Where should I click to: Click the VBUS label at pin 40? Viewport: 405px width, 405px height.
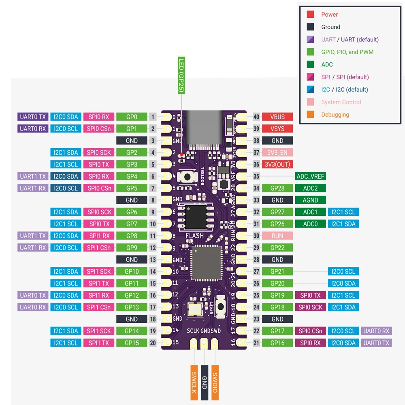277,117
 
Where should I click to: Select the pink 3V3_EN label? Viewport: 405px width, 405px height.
277,153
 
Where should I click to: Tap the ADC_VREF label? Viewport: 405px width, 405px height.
310,176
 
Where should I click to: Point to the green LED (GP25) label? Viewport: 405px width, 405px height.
181,76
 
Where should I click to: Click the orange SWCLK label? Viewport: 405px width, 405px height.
194,382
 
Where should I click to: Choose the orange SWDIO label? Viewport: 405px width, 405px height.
215,382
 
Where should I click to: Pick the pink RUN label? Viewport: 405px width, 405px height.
277,236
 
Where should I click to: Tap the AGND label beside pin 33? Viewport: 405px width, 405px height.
310,200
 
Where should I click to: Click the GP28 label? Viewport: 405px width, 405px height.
277,188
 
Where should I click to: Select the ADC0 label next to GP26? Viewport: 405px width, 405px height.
310,224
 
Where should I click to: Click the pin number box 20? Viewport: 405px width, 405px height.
153,343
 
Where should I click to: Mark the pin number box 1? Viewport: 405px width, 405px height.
153,117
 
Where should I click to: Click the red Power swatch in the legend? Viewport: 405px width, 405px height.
310,15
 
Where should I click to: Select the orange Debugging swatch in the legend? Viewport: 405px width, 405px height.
310,115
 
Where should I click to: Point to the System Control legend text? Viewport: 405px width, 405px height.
341,102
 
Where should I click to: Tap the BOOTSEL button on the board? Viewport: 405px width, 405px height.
188,177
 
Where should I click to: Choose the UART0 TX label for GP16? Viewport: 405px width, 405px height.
376,343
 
